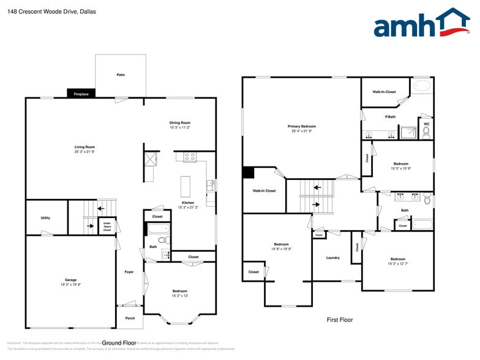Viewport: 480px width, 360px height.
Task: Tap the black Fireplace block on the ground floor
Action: click(81, 94)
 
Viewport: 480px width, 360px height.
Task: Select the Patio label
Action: click(121, 75)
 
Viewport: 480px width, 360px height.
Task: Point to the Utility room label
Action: click(45, 218)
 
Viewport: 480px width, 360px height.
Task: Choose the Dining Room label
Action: click(180, 122)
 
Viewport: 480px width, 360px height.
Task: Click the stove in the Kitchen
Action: click(190, 157)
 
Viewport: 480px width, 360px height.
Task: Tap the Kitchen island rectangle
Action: click(186, 186)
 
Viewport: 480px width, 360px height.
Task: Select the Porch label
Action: click(130, 318)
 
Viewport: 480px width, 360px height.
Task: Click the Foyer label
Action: click(129, 272)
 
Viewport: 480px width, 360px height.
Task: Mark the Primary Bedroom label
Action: click(302, 126)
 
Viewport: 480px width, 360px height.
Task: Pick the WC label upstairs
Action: click(426, 124)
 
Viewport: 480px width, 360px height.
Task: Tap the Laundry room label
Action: click(332, 258)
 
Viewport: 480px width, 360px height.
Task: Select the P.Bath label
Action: click(390, 116)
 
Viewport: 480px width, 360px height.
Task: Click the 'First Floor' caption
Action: click(339, 320)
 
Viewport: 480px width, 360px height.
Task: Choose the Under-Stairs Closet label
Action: click(107, 226)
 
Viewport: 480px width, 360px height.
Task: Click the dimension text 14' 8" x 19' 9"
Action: click(282, 249)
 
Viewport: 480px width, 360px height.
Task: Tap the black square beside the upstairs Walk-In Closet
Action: click(249, 173)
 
